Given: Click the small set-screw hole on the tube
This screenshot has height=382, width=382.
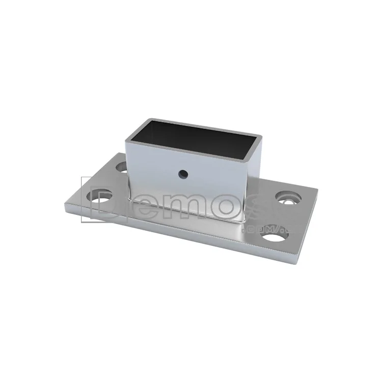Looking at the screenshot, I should [x=182, y=174].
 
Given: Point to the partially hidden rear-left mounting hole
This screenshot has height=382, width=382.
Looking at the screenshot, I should [x=121, y=166].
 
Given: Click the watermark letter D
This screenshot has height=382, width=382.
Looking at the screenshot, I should [x=104, y=199].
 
